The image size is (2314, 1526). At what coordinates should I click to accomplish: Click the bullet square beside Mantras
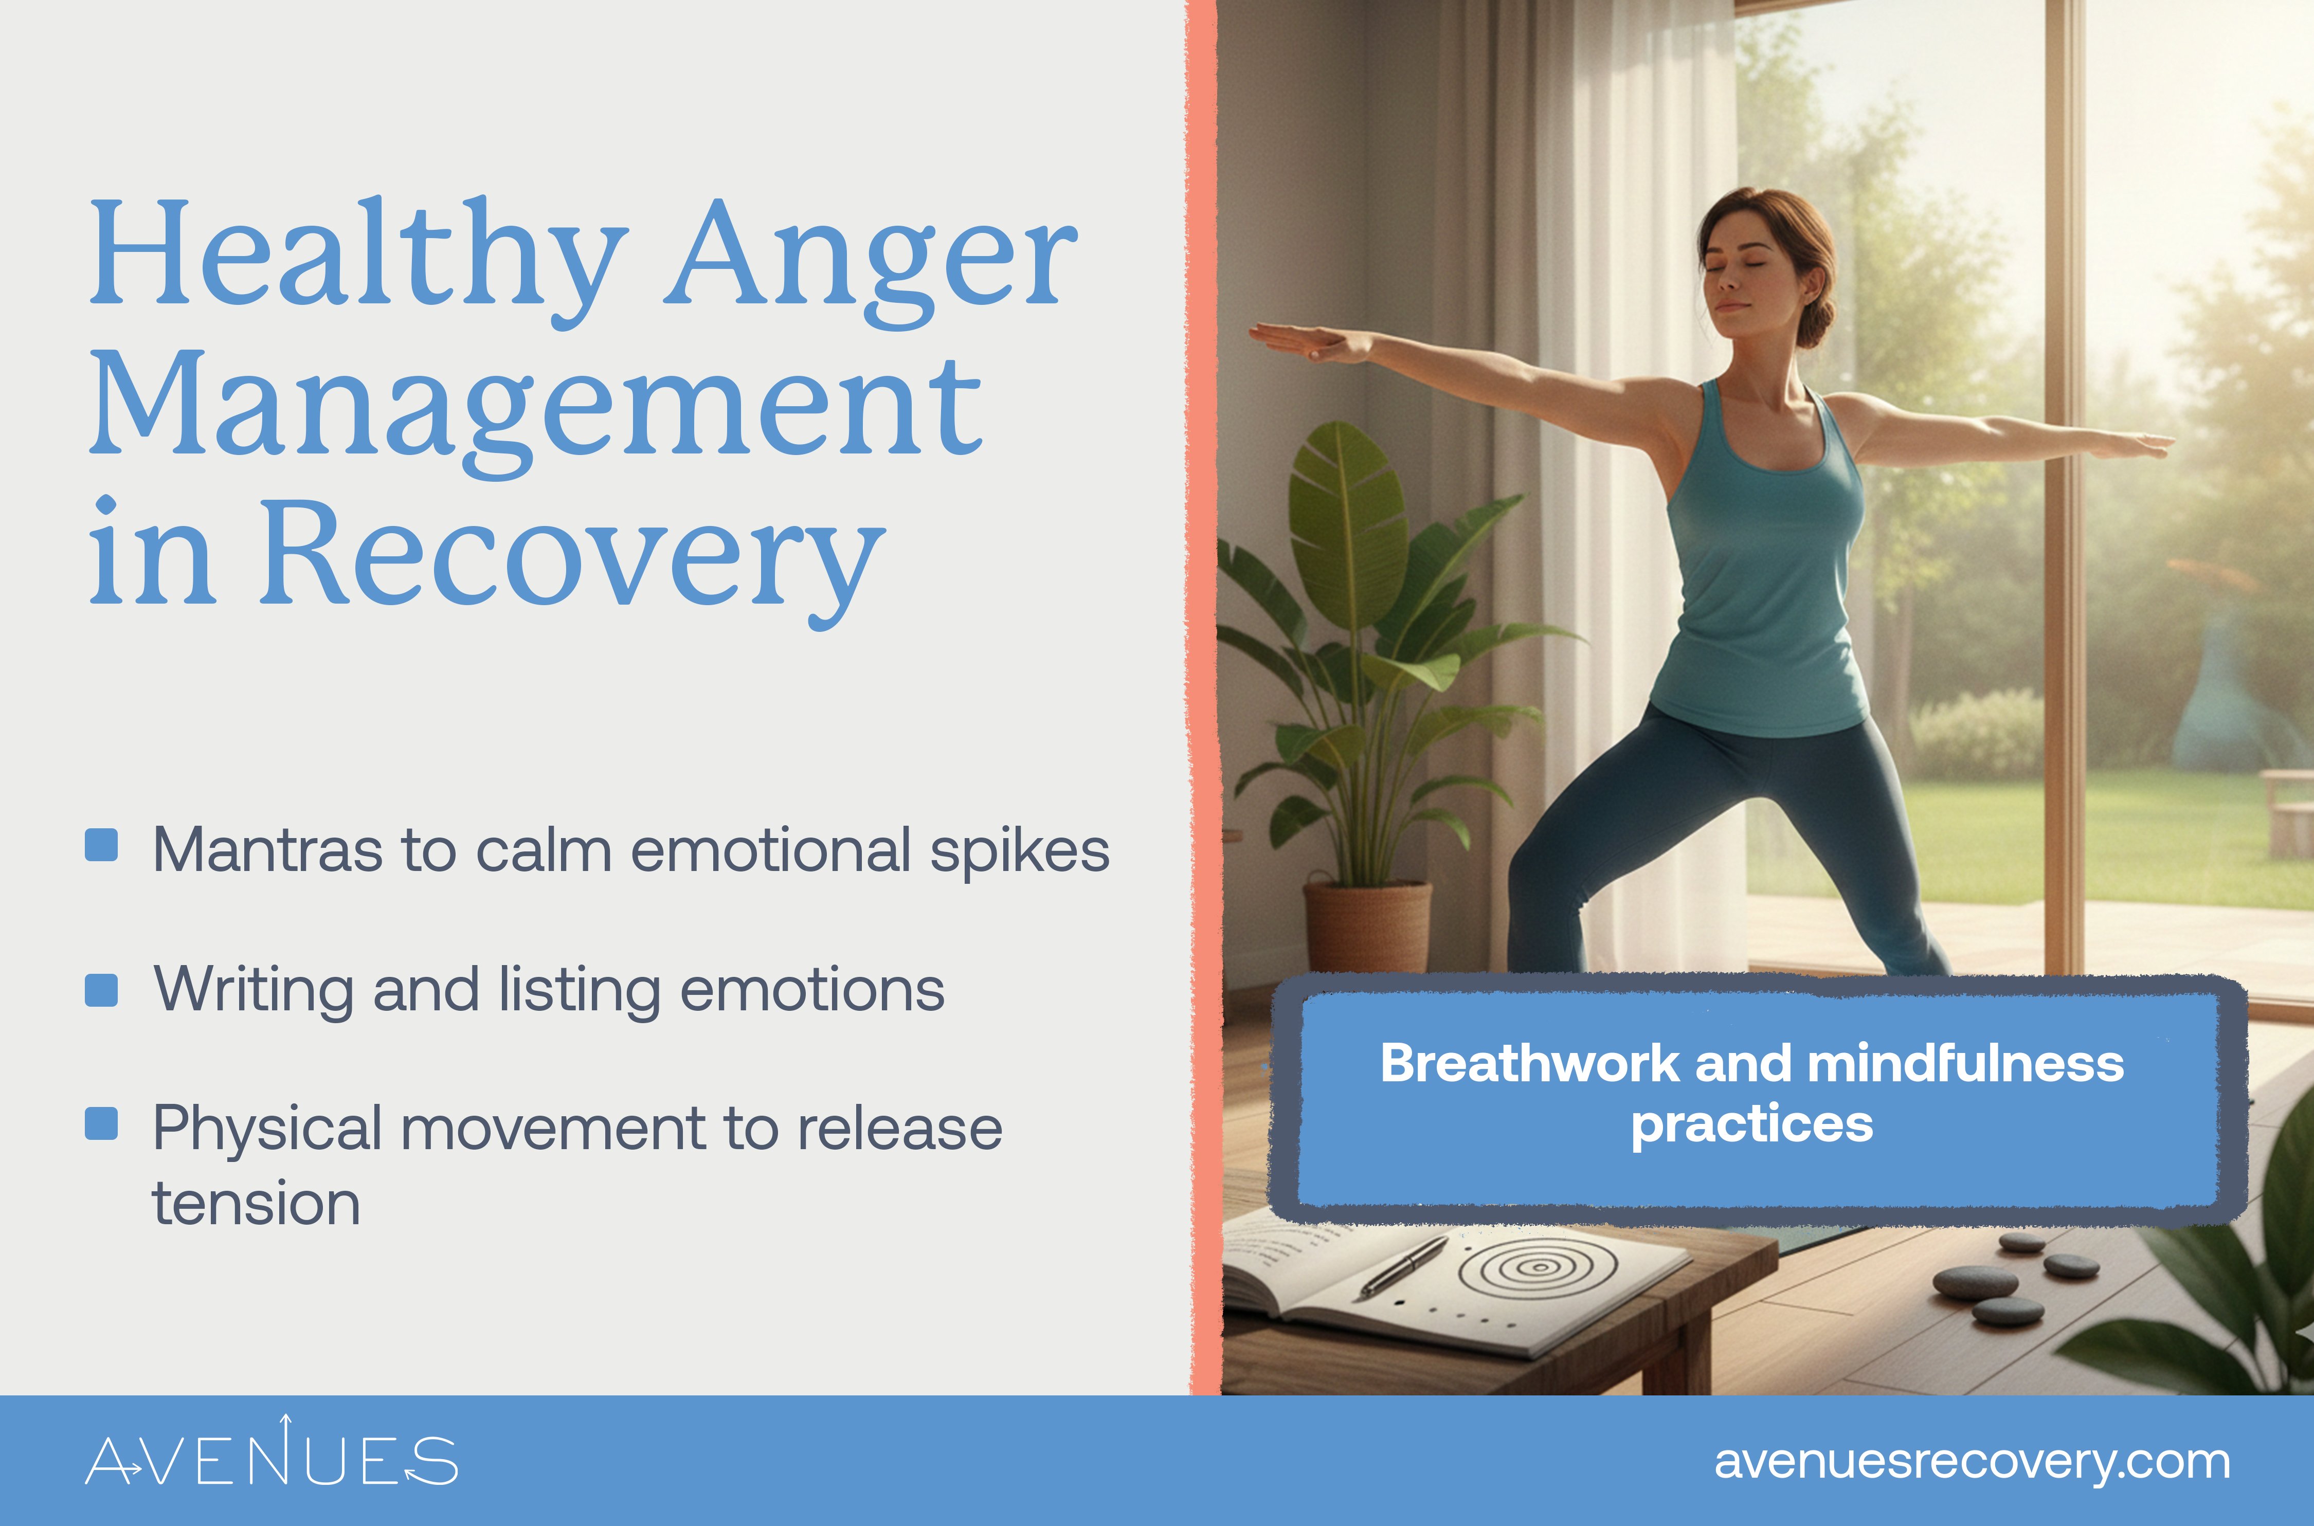[101, 845]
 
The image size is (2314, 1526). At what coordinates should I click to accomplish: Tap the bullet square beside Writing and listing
[101, 990]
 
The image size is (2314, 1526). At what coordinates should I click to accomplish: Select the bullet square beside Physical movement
[101, 1123]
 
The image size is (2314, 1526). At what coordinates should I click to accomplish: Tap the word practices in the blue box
[1751, 1124]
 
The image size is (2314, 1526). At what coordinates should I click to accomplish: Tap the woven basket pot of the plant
[1367, 927]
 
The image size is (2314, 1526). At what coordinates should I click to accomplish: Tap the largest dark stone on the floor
[1975, 1283]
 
